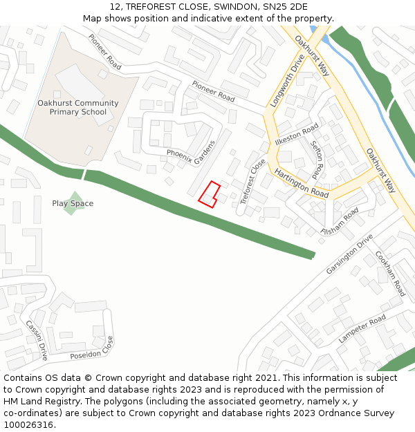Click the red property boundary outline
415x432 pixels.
click(210, 194)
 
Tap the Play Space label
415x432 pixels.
click(73, 203)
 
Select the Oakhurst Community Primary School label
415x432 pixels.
click(77, 107)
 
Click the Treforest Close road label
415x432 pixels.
click(252, 181)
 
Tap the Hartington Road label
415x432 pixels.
click(301, 183)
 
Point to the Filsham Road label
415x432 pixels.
click(340, 220)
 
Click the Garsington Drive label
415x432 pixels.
click(349, 254)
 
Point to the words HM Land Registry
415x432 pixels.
click(35, 402)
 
